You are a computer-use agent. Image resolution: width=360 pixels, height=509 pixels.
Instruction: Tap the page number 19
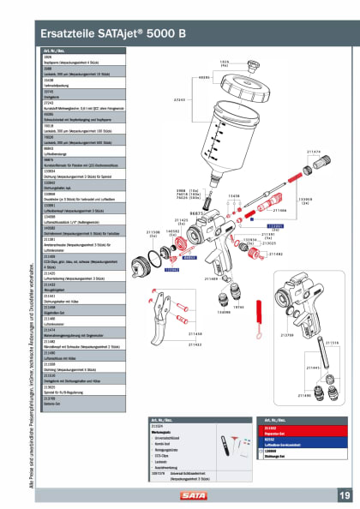343,495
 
